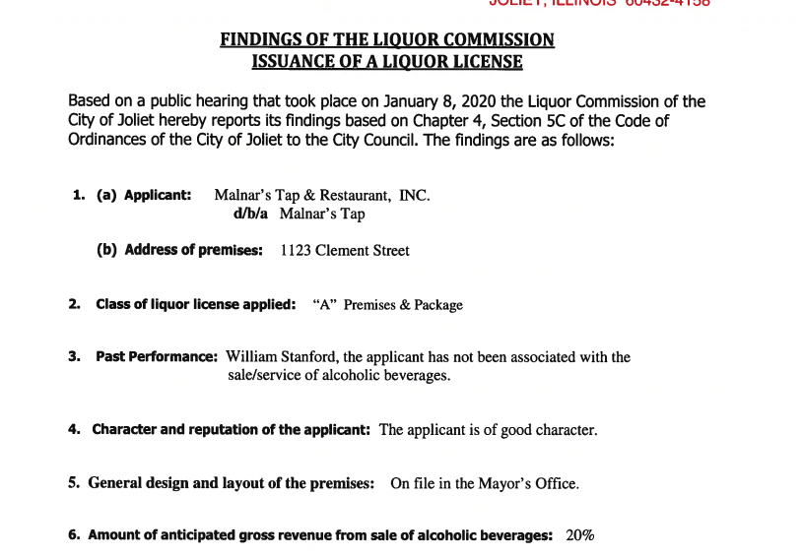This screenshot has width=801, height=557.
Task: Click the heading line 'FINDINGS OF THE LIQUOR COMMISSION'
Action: [x=386, y=40]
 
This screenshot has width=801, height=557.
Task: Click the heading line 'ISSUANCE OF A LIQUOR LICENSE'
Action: [x=386, y=62]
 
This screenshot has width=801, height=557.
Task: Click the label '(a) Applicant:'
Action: [x=144, y=195]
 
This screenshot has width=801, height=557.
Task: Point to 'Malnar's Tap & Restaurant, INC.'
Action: [x=322, y=195]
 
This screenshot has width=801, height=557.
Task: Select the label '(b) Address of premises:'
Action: [x=179, y=250]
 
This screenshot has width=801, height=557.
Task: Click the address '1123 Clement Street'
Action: [x=345, y=250]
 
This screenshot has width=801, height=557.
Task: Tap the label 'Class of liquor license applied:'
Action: [x=195, y=305]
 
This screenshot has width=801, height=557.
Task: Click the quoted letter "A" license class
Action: [x=325, y=305]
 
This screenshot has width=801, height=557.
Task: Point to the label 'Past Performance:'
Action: [x=156, y=356]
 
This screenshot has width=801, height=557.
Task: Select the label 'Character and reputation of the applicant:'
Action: [x=231, y=430]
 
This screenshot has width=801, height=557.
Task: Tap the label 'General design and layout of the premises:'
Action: [x=231, y=483]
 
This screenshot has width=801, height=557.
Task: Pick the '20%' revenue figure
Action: [x=580, y=535]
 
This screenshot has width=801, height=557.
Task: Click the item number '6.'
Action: [x=74, y=535]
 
